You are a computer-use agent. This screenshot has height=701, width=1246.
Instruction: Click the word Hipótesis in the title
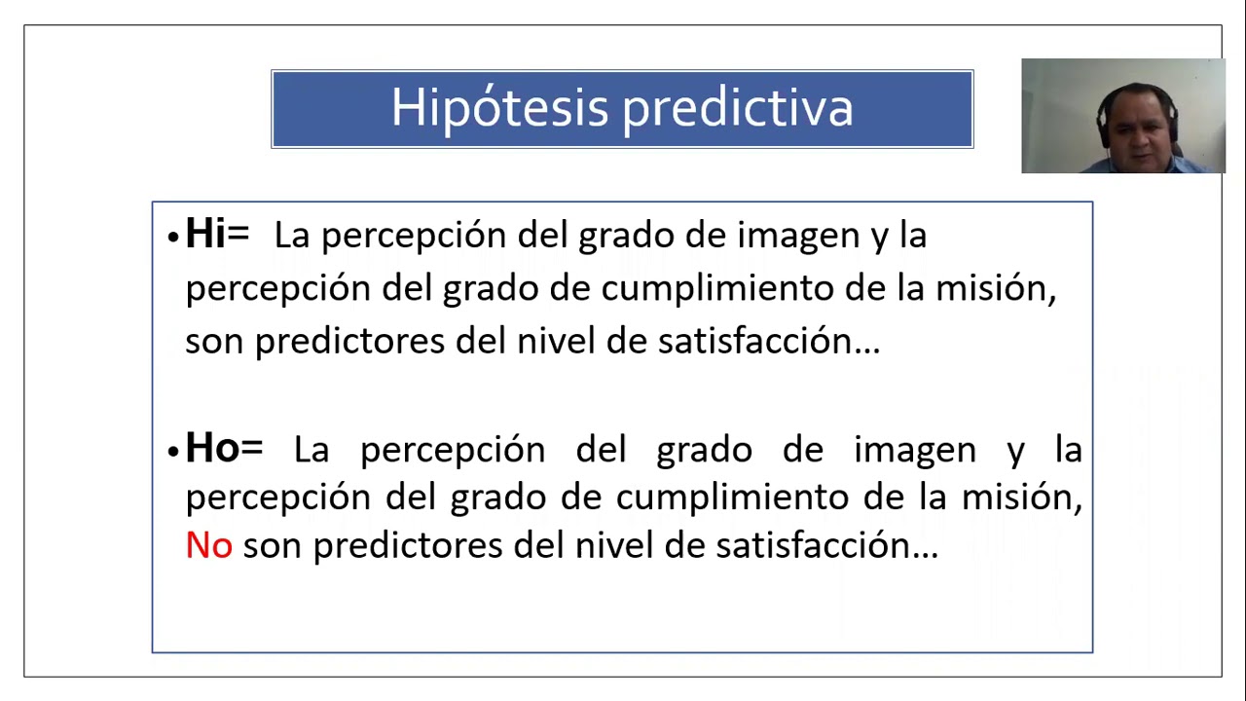(x=499, y=108)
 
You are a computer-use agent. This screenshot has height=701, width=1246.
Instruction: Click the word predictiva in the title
(x=737, y=108)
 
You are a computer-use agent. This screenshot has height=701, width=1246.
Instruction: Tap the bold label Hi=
(x=217, y=233)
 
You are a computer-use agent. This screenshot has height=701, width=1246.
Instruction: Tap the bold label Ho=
(x=224, y=447)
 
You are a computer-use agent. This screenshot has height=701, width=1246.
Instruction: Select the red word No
(x=208, y=544)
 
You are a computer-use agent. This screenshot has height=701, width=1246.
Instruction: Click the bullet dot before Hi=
(x=173, y=237)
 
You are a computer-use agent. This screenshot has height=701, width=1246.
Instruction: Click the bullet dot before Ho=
(x=173, y=451)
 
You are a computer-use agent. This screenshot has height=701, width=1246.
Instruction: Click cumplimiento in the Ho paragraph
(x=732, y=498)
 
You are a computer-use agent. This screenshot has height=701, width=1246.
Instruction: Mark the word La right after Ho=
(x=311, y=451)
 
